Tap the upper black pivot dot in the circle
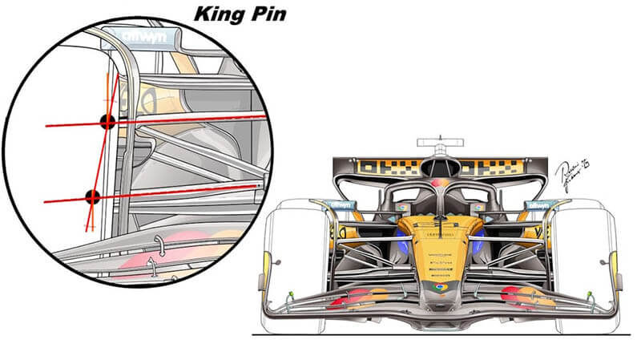coord(106,122)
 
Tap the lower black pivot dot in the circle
coord(92,197)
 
